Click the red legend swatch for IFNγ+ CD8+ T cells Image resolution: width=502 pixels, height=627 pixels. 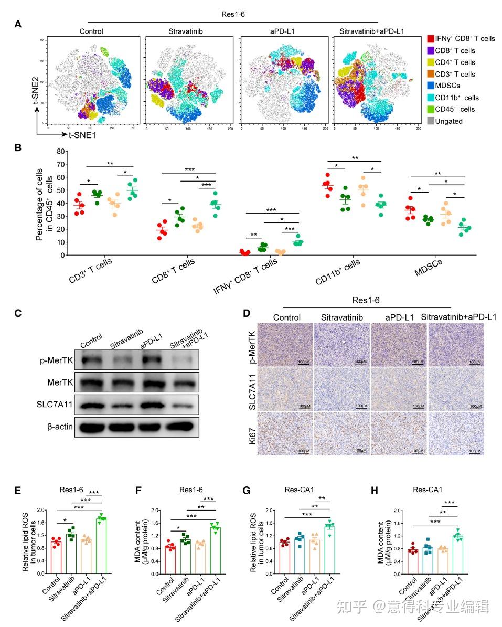[431, 39]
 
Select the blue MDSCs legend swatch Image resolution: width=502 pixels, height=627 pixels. [431, 86]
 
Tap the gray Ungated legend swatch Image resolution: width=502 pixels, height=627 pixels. [431, 121]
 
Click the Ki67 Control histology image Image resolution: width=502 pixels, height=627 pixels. [284, 431]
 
